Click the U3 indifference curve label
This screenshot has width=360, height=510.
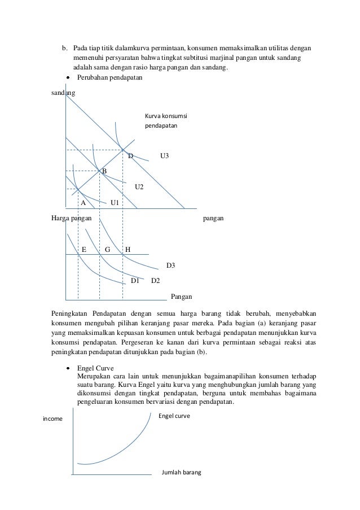[x=165, y=155]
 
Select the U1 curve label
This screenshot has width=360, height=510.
[x=115, y=202]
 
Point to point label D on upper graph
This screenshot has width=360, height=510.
[x=130, y=155]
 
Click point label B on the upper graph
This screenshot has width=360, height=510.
[x=104, y=171]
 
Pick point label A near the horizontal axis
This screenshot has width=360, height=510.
[x=83, y=202]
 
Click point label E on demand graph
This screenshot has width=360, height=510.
[x=84, y=249]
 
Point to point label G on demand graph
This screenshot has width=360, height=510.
[x=107, y=249]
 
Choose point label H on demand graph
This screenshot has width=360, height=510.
[x=128, y=249]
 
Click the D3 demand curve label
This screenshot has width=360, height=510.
[x=170, y=264]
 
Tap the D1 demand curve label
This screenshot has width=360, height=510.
[x=135, y=280]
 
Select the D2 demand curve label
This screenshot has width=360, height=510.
[x=156, y=280]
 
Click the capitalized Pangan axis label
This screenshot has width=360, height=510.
[x=181, y=296]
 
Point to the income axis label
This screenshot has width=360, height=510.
[x=53, y=419]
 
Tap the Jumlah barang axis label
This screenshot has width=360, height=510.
[x=181, y=472]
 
